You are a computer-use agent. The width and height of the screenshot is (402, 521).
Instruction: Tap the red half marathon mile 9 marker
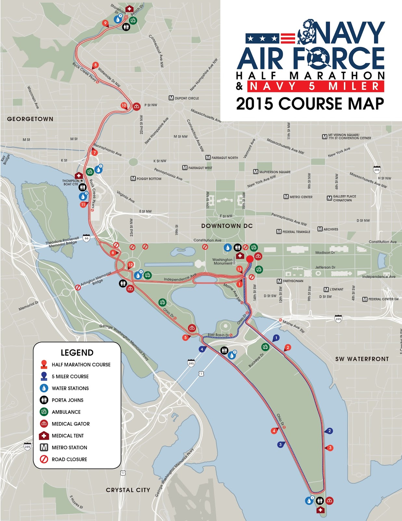point(105,23)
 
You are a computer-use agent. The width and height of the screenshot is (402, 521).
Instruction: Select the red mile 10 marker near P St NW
point(124,106)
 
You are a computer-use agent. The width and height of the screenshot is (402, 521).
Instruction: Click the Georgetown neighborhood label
point(30,119)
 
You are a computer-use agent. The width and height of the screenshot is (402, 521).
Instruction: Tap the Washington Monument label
point(223,261)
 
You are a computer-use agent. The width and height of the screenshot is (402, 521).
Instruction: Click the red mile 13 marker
point(239,269)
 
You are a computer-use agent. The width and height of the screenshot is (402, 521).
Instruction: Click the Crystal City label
point(128,490)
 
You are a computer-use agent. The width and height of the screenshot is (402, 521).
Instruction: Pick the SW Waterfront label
point(362,359)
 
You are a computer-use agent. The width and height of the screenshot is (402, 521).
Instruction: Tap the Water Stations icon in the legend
point(44,388)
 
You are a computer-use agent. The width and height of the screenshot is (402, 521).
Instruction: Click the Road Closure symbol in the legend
point(44,459)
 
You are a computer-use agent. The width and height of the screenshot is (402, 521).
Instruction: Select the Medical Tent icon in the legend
point(44,436)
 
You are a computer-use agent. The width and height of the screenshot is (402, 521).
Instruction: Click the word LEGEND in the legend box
point(77,353)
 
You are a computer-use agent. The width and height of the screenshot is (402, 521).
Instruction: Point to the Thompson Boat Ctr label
point(71,182)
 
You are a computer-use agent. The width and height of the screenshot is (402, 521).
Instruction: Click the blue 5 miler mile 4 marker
point(202,349)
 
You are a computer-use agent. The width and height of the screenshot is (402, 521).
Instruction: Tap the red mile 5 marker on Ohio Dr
point(186,338)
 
